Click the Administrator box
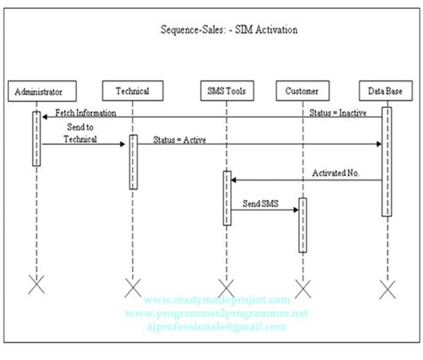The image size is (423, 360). pos(37,90)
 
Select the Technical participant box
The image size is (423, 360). pos(132,90)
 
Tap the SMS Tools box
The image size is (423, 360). pos(228,90)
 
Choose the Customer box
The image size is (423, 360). pos(303,90)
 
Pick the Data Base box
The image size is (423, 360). pos(386,90)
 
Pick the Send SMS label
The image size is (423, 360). pos(261,204)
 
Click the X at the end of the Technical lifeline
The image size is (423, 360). pos(132,287)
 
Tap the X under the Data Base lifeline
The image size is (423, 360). pos(386,287)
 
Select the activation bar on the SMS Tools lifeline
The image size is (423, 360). pos(228,197)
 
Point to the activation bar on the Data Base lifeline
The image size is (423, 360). pos(386,161)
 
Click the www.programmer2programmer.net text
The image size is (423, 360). pos(219,314)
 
